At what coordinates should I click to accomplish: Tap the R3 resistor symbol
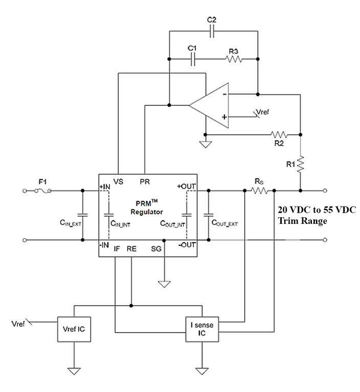[233, 59]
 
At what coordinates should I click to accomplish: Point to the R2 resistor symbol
[279, 135]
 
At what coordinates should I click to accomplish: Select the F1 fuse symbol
[42, 191]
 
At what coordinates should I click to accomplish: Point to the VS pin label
[119, 181]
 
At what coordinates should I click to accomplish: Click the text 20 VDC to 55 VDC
[313, 211]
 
